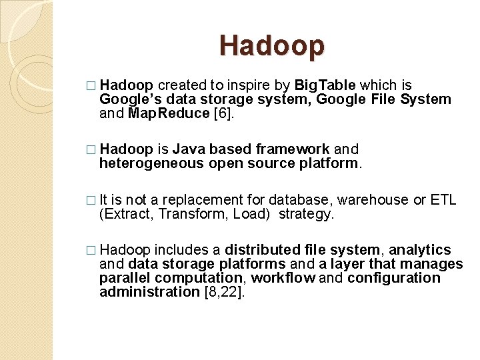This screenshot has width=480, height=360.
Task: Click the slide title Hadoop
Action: [272, 45]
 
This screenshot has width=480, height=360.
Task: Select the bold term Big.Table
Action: [326, 85]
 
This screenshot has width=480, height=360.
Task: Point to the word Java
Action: [189, 149]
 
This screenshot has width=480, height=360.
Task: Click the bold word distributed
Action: [263, 250]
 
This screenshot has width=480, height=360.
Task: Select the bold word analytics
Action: [420, 250]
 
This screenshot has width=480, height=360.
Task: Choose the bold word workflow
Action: [283, 278]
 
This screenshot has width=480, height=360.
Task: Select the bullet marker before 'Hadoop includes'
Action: [91, 251]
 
